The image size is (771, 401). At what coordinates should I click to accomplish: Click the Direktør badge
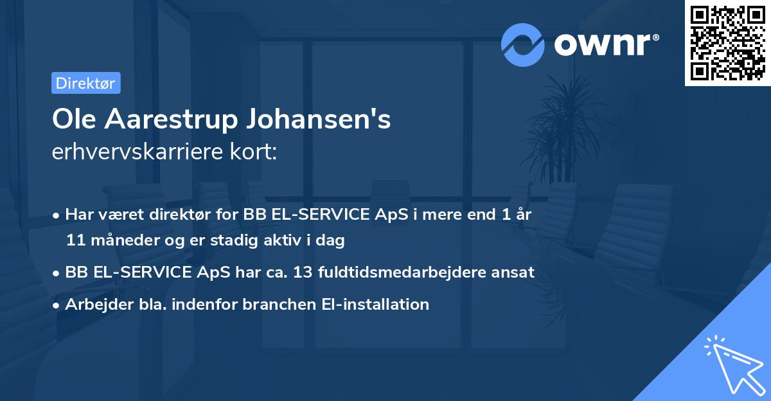coord(85,83)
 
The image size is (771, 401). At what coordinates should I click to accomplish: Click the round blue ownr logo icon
coord(523,45)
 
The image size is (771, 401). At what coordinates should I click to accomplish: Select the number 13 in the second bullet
coord(303,272)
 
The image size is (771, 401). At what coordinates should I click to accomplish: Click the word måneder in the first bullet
coord(123,240)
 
